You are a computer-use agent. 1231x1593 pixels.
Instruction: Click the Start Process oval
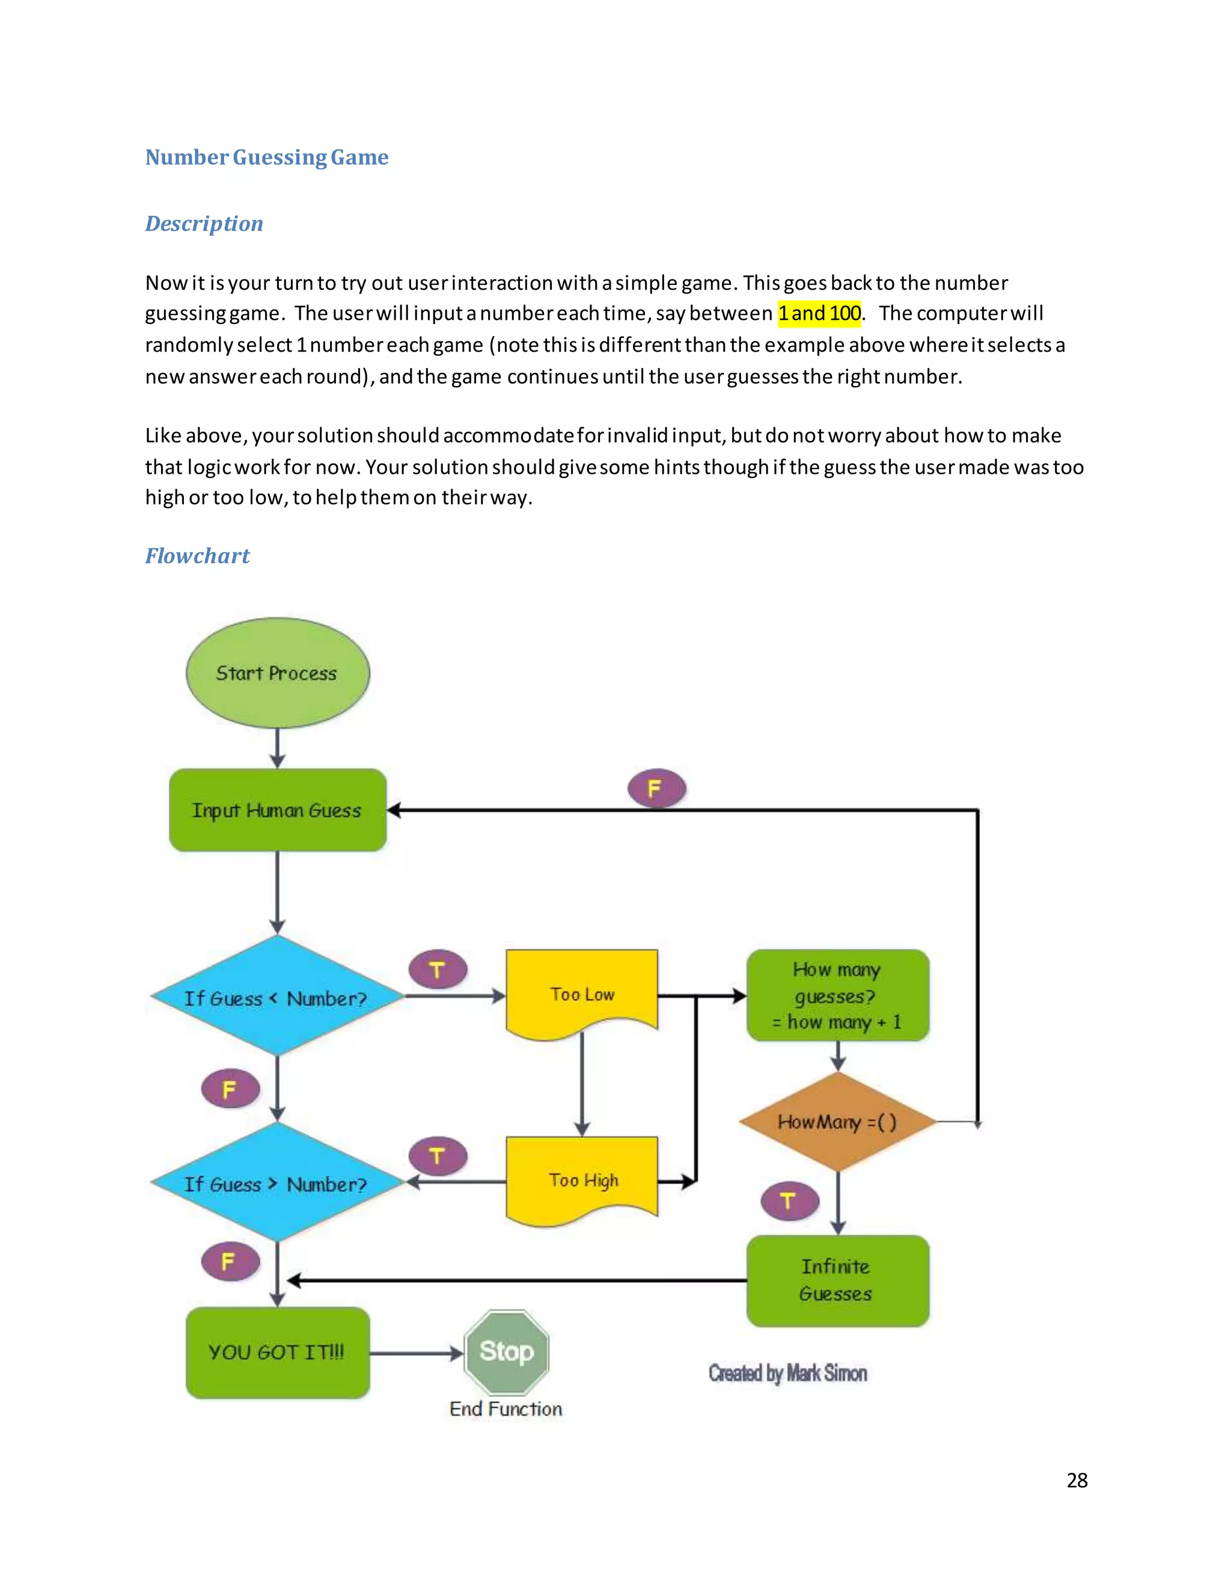click(x=277, y=673)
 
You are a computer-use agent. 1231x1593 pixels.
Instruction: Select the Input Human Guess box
click(x=277, y=810)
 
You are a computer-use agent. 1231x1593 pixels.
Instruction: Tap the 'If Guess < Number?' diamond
click(x=276, y=996)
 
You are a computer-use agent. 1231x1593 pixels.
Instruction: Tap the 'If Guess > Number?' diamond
click(x=276, y=1182)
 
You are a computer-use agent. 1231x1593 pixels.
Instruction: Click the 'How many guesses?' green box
click(x=837, y=995)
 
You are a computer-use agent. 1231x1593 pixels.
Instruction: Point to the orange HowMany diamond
click(x=837, y=1122)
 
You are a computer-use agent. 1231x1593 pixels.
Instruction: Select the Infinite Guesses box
click(x=837, y=1280)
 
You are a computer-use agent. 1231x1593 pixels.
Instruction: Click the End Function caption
click(x=506, y=1408)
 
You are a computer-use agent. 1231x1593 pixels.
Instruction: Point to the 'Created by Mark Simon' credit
click(x=787, y=1374)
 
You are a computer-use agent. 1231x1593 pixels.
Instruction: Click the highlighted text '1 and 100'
click(x=819, y=313)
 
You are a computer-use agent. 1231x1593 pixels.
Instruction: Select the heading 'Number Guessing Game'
click(x=266, y=157)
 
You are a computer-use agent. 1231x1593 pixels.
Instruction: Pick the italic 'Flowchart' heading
click(x=197, y=556)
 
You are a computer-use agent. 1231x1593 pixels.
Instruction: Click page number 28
click(x=1077, y=1480)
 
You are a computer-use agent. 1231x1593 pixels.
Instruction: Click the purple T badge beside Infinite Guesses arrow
click(x=789, y=1200)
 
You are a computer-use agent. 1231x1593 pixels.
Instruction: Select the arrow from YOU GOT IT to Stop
click(x=416, y=1353)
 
